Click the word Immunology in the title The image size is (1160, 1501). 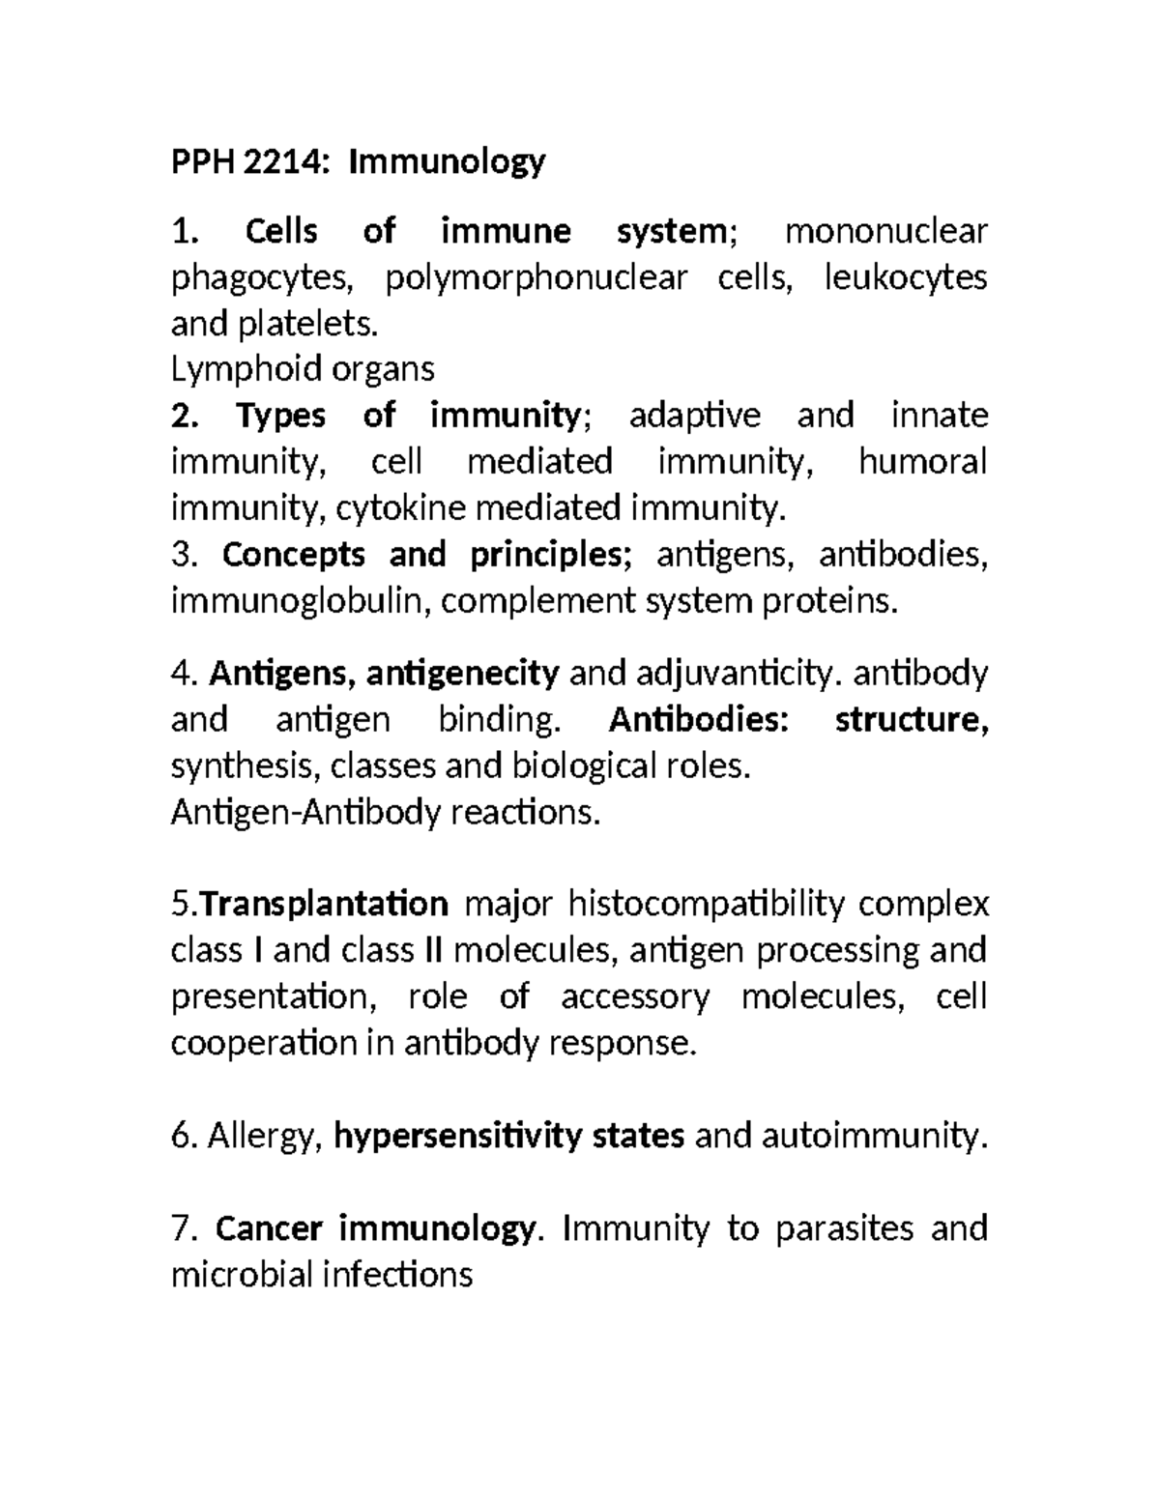click(x=447, y=161)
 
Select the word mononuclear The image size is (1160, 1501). click(x=885, y=231)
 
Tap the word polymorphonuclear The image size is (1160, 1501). click(x=536, y=277)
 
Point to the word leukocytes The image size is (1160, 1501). click(x=905, y=277)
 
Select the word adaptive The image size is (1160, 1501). click(x=694, y=416)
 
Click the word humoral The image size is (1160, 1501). click(x=922, y=462)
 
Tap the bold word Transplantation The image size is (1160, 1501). click(x=325, y=905)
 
